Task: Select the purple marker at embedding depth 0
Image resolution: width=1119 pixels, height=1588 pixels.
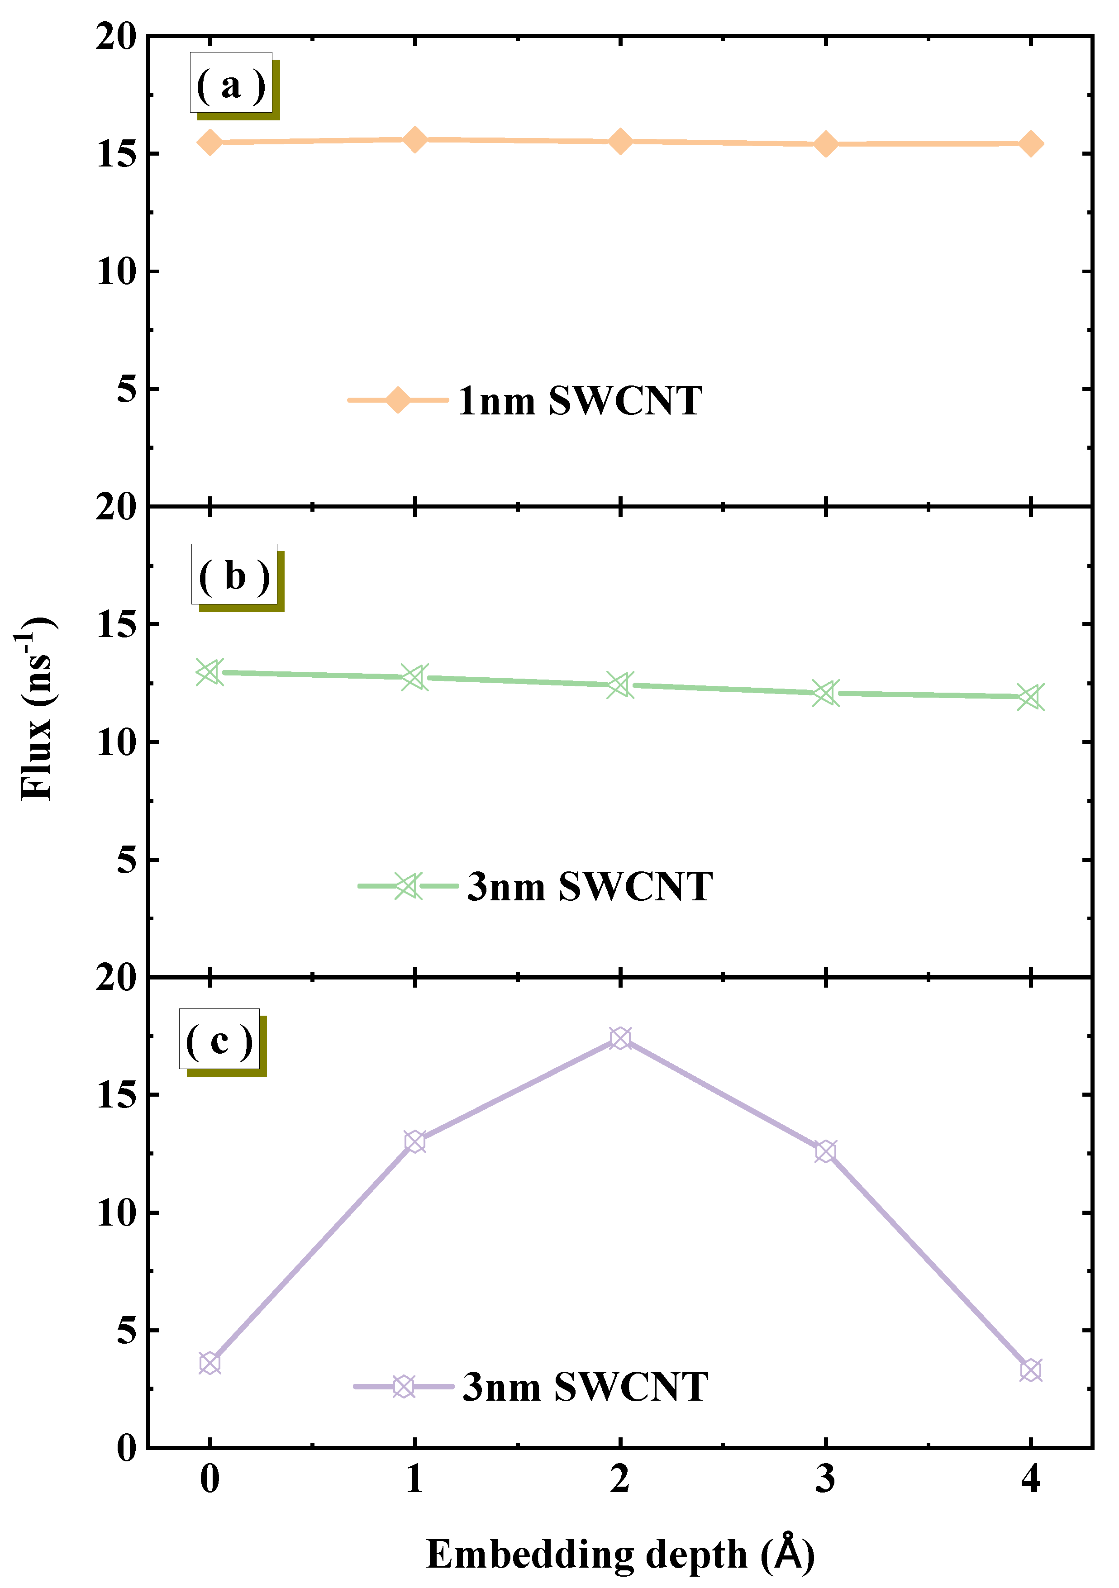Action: [210, 1363]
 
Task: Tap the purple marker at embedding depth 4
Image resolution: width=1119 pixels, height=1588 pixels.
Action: [1030, 1370]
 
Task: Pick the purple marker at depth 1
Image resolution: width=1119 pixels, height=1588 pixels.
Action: [415, 1142]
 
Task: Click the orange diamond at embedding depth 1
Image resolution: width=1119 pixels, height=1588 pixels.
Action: [415, 140]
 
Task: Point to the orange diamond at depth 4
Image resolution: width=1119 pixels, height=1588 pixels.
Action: [1030, 144]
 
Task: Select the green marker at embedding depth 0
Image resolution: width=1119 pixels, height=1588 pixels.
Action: [210, 671]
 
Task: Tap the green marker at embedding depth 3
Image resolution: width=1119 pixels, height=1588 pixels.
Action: [825, 692]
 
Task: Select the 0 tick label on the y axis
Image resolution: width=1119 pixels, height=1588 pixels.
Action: [127, 1446]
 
